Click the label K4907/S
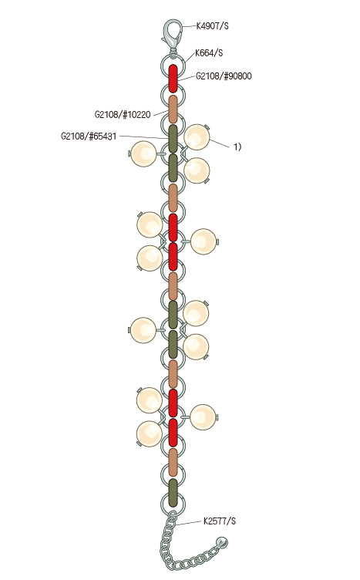(x=212, y=26)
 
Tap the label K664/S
(x=209, y=53)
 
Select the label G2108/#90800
(x=224, y=76)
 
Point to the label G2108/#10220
(x=123, y=115)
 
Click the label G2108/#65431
(x=89, y=137)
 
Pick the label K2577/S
(x=220, y=521)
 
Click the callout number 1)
(x=237, y=147)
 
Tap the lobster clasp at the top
(x=172, y=35)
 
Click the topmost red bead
(x=173, y=79)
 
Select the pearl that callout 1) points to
(x=197, y=137)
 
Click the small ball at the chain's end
(x=222, y=543)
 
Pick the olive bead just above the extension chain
(x=173, y=492)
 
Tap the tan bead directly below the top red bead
(x=173, y=109)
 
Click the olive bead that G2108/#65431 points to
(x=173, y=139)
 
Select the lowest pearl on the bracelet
(x=150, y=434)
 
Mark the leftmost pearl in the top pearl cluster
(x=144, y=153)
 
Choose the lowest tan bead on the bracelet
(x=173, y=462)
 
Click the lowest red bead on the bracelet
(x=173, y=433)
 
